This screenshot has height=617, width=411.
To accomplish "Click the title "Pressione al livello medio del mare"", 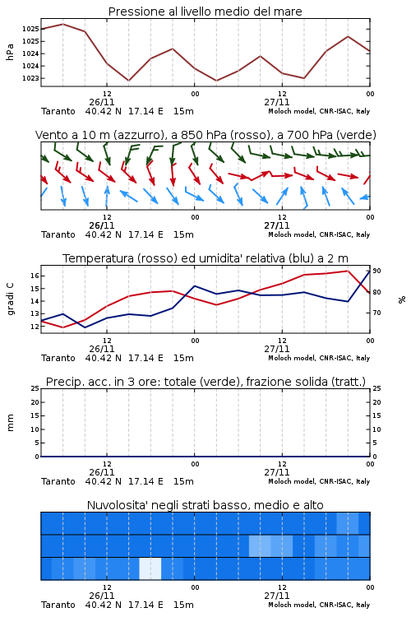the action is pos(205,12).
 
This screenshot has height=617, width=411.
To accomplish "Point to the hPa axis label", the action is pos(10,52).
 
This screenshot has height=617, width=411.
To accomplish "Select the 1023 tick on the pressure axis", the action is pos(30,78).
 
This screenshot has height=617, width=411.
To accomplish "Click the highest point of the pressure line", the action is pos(63,24).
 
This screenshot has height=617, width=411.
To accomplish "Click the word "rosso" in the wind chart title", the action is pos(243,135).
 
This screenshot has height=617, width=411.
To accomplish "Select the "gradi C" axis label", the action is pos(11,299).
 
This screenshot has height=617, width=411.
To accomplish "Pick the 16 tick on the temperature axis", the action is pos(35,276).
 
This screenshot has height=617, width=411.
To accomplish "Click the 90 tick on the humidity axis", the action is pos(376,271).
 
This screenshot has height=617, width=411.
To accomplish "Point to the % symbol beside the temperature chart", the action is pos(402,299).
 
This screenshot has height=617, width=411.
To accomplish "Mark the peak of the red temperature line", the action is pos(348,271).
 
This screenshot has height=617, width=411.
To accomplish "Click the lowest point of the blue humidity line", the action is pos(85,327).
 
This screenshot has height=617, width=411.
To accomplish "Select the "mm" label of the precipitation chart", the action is pos(11,423).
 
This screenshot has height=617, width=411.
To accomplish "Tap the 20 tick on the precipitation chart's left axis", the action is pos(35,402).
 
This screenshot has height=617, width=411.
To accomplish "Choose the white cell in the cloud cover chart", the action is pos(150,568).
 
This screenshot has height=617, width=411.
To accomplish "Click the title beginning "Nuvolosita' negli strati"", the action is pos(205,505).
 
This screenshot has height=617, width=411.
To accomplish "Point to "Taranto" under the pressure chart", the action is pos(58,111).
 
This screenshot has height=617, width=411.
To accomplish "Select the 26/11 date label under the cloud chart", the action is pos(102,596).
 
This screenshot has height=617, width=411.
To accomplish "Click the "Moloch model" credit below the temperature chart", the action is pos(292,358).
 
